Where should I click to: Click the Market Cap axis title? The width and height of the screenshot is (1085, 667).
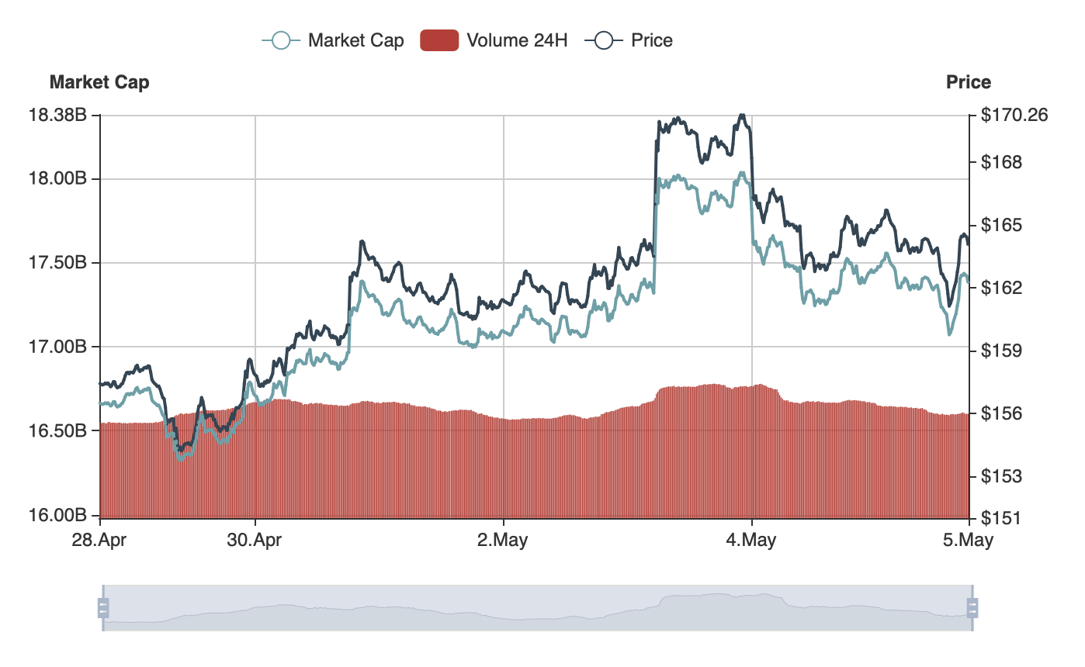[99, 82]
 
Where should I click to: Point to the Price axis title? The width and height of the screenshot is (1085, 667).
[969, 82]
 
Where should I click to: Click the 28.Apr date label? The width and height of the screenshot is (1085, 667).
[100, 540]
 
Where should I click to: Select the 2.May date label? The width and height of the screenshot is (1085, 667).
[503, 540]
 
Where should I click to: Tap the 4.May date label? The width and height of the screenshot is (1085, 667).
[751, 540]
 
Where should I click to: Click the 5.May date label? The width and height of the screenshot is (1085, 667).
[968, 540]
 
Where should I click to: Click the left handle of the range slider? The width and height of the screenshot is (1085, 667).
[103, 607]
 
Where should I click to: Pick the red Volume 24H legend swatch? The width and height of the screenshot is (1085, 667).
[439, 40]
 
